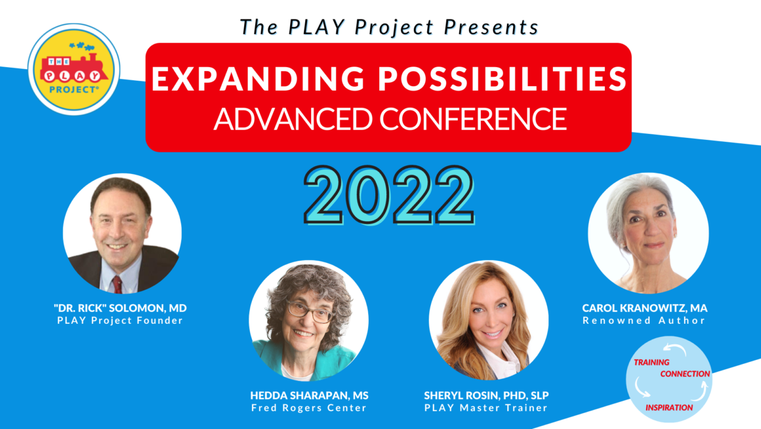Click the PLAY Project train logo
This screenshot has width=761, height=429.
point(73,69)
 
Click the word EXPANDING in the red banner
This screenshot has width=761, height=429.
point(258,79)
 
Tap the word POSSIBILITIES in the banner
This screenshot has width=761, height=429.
point(503,79)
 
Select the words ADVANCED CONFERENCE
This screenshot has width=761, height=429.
point(390,119)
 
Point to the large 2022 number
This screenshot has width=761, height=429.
point(389,195)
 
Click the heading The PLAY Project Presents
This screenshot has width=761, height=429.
point(389,27)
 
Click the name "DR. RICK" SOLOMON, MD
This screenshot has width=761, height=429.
point(120,308)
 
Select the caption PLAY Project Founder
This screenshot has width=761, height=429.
point(120,321)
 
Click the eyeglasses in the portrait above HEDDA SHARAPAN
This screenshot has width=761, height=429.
point(309,311)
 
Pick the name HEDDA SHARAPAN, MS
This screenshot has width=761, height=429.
point(309,395)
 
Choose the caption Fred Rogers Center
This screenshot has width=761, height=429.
point(309,408)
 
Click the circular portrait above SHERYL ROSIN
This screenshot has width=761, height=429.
point(489,320)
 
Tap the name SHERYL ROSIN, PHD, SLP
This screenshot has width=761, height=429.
point(486,395)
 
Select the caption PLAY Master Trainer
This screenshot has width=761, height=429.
point(486,408)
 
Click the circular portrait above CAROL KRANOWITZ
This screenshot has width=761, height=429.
point(648,233)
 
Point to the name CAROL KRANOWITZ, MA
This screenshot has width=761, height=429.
point(644,308)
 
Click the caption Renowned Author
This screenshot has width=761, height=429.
point(644,321)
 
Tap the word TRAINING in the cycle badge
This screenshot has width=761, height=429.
point(651,363)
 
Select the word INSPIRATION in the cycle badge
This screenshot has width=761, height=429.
point(669,407)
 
